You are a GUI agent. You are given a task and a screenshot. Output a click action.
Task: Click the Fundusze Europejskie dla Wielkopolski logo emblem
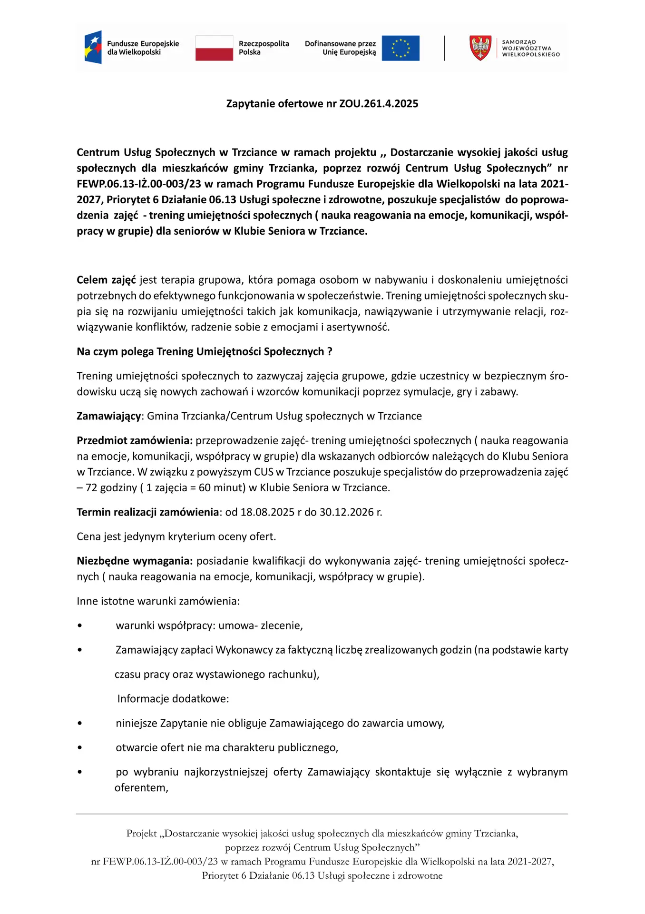(93, 48)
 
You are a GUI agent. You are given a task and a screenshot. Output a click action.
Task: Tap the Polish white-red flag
(214, 48)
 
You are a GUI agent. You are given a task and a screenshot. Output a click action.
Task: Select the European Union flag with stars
(401, 48)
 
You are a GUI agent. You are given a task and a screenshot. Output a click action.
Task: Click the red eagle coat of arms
(480, 48)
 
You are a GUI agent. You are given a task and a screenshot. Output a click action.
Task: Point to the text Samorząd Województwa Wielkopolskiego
(530, 48)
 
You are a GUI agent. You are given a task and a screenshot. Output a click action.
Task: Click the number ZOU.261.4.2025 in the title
(379, 104)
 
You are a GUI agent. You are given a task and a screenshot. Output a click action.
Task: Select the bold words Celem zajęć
(106, 280)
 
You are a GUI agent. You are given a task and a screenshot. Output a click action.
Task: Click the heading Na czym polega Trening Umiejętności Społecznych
(204, 352)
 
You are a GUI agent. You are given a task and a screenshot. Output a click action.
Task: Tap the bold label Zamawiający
(109, 417)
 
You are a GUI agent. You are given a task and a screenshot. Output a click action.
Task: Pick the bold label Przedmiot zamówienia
(135, 441)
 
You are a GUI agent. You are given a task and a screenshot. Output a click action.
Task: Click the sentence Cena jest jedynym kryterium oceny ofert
(176, 537)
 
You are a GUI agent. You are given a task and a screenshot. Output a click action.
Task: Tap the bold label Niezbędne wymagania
(135, 561)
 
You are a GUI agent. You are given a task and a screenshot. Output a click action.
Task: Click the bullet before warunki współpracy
(80, 626)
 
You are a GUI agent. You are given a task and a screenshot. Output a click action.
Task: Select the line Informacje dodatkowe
(173, 699)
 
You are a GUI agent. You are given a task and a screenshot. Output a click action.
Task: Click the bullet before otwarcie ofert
(80, 748)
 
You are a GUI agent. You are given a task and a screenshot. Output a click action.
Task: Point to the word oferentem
(141, 788)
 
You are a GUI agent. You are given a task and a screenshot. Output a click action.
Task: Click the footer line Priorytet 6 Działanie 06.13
(322, 876)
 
